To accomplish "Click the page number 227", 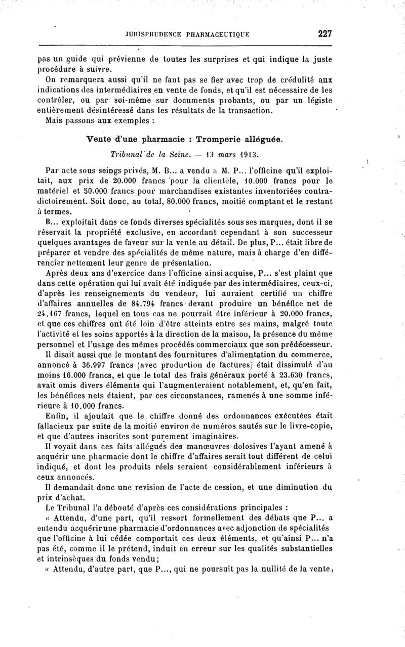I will [324, 34].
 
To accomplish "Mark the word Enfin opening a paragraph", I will [56, 416].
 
